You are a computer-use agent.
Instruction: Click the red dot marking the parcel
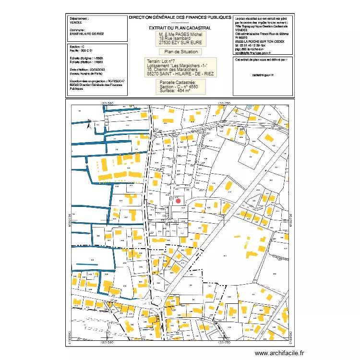tap(178, 201)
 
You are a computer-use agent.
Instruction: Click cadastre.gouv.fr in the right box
tap(262, 75)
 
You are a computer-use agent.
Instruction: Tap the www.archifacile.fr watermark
tap(279, 353)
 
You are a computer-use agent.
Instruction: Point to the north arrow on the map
tap(89, 124)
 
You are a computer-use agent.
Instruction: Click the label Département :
tap(79, 18)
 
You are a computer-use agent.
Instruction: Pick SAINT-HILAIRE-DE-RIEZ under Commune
tap(86, 34)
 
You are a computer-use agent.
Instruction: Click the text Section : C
tap(77, 47)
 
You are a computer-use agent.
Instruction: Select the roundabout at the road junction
tap(158, 301)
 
